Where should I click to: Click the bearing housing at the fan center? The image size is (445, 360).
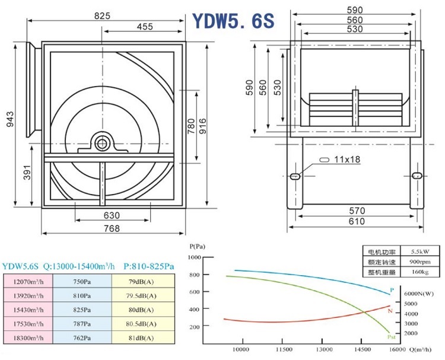[103, 143]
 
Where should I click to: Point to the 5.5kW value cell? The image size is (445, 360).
[419, 251]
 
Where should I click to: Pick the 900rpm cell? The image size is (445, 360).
[419, 261]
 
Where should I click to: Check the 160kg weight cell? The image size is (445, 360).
[419, 272]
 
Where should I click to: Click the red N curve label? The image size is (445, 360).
[390, 311]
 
